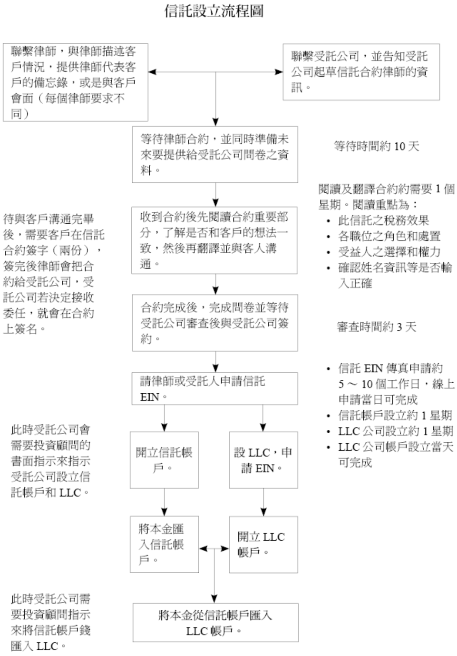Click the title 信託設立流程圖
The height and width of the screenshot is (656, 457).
[214, 11]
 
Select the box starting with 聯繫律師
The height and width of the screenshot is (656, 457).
[75, 82]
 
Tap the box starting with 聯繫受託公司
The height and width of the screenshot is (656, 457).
[361, 72]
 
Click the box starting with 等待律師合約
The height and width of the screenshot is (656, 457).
[215, 154]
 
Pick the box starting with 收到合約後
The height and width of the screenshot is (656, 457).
[214, 240]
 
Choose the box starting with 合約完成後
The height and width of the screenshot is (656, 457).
[215, 323]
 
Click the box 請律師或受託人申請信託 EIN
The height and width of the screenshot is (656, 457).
[215, 388]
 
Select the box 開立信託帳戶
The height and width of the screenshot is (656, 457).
[164, 460]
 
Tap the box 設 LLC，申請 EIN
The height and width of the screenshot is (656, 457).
[263, 460]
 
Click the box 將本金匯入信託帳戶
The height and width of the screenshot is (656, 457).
[164, 544]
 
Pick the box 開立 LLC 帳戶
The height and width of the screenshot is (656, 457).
[263, 544]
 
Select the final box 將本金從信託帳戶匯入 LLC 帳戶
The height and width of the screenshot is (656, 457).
[215, 623]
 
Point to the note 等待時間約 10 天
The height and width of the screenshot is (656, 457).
[376, 146]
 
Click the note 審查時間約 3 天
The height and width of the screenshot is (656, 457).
[376, 327]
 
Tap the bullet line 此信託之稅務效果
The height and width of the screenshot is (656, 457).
[383, 220]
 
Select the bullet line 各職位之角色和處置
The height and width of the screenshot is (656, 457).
[389, 236]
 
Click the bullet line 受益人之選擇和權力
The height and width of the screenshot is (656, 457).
[389, 252]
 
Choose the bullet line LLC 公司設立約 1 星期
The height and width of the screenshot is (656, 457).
[395, 431]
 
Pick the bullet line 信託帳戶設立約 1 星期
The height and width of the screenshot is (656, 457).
[395, 415]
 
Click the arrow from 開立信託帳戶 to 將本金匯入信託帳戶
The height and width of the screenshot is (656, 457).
[165, 502]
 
